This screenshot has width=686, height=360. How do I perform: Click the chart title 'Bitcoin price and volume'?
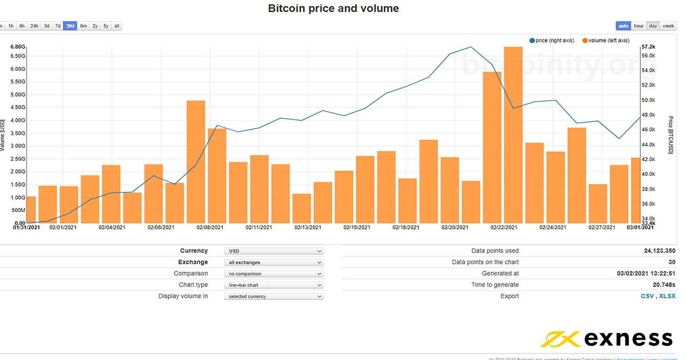point(333,8)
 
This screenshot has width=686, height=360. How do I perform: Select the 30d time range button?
point(70,26)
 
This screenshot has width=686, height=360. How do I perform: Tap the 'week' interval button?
point(668,26)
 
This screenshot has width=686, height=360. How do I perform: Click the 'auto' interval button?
point(623,26)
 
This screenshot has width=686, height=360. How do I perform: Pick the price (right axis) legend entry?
point(552,41)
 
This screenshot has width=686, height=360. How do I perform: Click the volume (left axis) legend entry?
point(606,41)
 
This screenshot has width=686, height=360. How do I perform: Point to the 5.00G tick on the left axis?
point(17,95)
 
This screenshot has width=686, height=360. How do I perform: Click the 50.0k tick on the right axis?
point(648,100)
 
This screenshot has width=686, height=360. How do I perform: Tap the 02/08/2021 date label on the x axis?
point(210,227)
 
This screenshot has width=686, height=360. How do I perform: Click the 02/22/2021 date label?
point(504,227)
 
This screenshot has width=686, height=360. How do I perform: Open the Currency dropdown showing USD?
point(273,251)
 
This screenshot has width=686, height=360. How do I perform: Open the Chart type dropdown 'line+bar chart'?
point(273,285)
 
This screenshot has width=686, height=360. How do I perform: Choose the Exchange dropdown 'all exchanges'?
point(273,262)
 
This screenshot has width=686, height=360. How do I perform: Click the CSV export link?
point(647,296)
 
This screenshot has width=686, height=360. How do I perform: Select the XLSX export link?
point(667,296)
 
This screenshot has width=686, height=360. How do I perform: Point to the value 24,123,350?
point(660,251)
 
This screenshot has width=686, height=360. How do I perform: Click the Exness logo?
point(607,338)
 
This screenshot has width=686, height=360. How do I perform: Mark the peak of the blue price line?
point(471,47)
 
